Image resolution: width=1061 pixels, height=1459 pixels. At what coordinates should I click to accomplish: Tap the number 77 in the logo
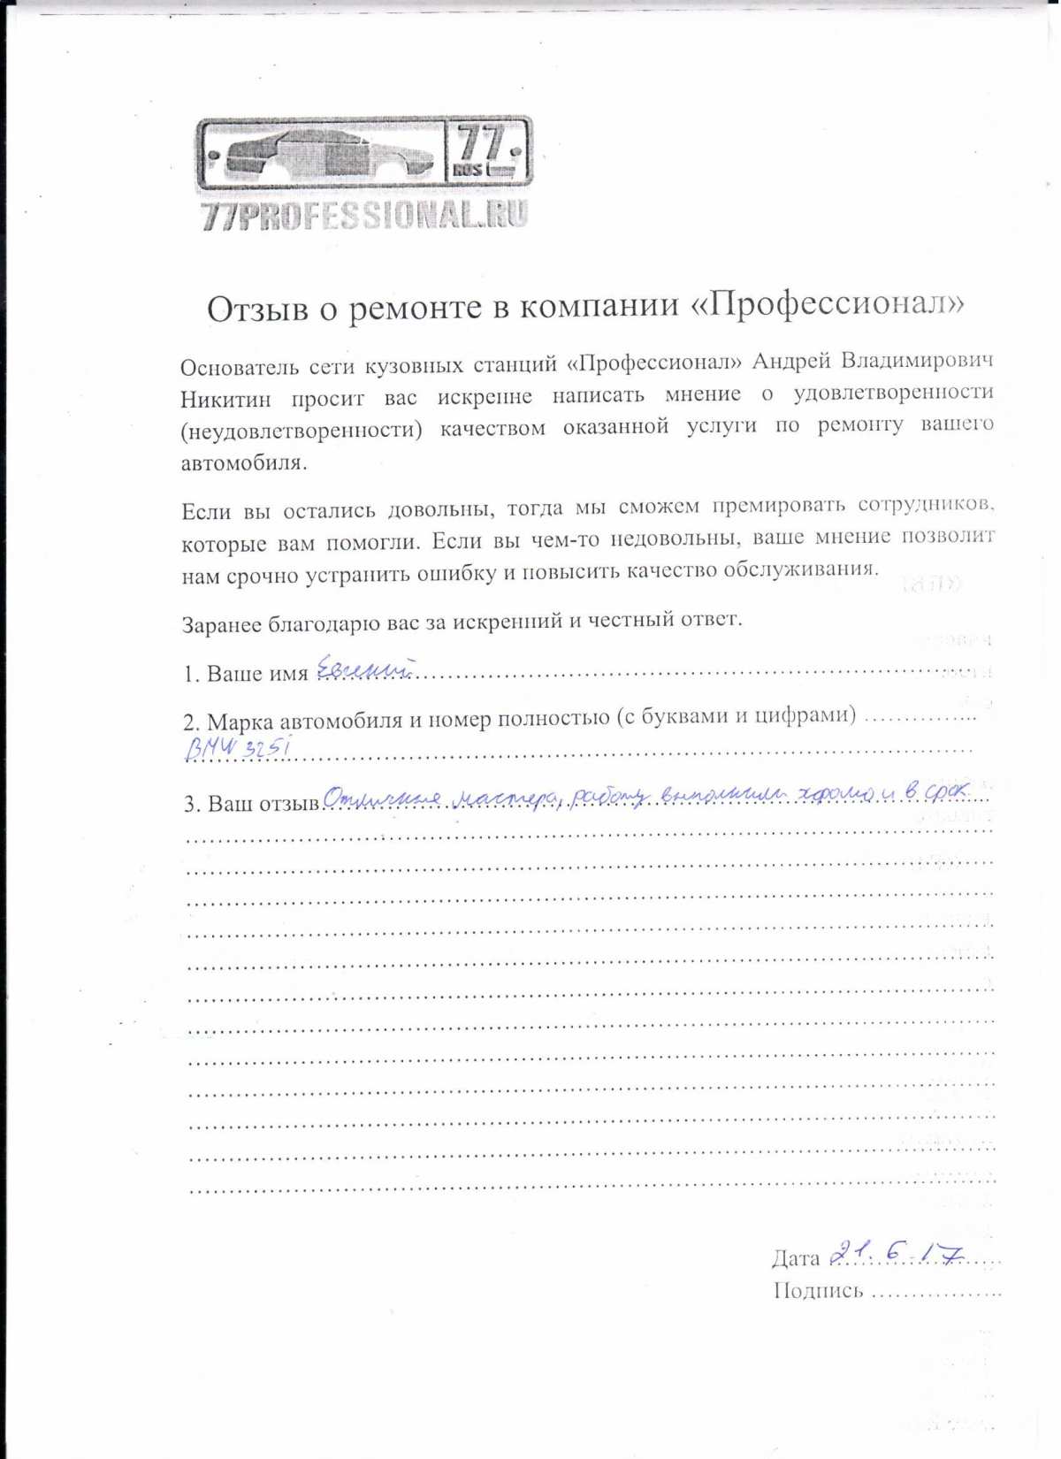click(x=483, y=142)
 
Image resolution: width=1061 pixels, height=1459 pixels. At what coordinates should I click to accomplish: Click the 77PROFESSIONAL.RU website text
click(x=364, y=215)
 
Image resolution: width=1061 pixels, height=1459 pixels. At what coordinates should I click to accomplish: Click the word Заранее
click(x=222, y=625)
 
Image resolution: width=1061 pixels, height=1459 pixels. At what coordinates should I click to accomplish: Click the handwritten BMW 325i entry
click(x=237, y=748)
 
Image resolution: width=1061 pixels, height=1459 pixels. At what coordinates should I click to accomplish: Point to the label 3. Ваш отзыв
click(x=251, y=804)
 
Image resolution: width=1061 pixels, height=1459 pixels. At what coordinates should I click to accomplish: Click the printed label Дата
click(x=796, y=1257)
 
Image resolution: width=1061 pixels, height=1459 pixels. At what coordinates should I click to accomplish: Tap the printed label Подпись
click(x=818, y=1291)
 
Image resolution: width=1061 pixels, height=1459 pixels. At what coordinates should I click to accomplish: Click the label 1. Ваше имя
click(x=246, y=674)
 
